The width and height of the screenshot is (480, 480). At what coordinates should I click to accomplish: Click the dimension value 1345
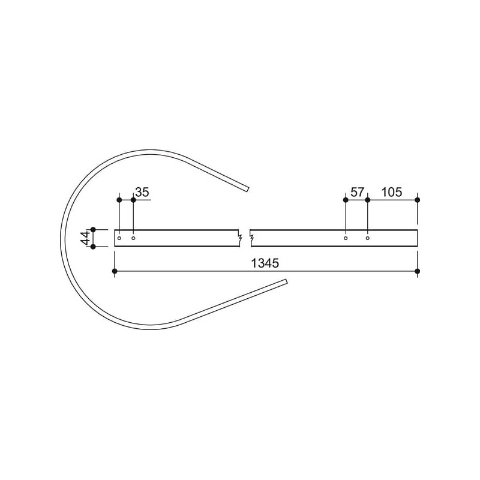[265, 263]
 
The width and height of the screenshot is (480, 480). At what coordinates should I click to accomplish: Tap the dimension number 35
[142, 192]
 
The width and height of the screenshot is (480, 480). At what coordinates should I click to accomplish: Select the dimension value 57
[357, 192]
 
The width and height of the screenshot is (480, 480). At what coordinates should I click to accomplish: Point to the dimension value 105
[392, 192]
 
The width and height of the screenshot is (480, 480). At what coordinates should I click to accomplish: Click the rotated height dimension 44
[85, 238]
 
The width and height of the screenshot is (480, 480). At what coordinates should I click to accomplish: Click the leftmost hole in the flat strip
[119, 238]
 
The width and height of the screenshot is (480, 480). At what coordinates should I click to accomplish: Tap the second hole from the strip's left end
[133, 238]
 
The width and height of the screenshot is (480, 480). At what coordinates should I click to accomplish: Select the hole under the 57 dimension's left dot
[346, 238]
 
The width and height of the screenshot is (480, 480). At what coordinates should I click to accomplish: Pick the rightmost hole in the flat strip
[368, 238]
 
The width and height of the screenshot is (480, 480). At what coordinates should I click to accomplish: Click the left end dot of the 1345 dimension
[115, 271]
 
